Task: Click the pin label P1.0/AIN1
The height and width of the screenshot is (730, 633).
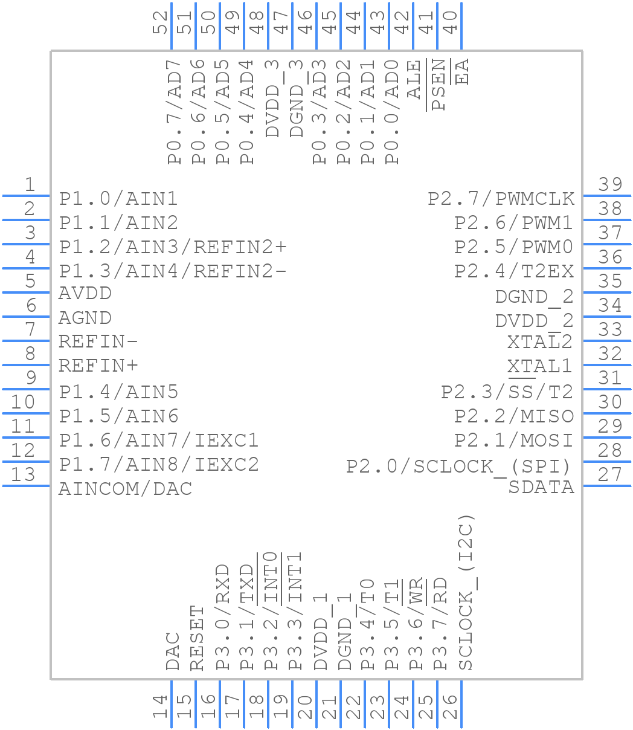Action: point(118,199)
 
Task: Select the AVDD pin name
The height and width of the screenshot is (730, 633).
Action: point(85,294)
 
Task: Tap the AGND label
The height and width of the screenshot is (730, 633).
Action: point(85,318)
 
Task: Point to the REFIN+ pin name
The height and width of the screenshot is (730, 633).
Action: point(98,366)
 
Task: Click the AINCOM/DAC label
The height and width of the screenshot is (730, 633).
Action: point(125,488)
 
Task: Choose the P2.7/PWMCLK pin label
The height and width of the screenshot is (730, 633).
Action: point(501,199)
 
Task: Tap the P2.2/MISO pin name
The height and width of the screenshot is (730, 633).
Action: point(513,416)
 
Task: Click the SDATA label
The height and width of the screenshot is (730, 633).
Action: point(541,487)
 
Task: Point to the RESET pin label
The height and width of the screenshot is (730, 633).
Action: point(198,638)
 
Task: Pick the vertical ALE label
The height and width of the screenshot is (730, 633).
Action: point(414,79)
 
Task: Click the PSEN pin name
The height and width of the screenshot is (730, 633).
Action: point(439,85)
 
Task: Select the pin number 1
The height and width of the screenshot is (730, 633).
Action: point(29,185)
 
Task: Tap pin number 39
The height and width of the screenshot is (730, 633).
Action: point(610,185)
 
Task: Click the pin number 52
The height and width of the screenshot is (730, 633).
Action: point(160,22)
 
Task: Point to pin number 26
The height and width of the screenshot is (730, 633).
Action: point(450,706)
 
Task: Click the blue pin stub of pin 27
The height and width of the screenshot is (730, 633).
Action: point(606,485)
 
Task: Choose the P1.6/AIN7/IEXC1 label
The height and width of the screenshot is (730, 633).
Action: point(159,440)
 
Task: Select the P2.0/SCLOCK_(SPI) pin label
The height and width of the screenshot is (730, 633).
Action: point(458,467)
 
